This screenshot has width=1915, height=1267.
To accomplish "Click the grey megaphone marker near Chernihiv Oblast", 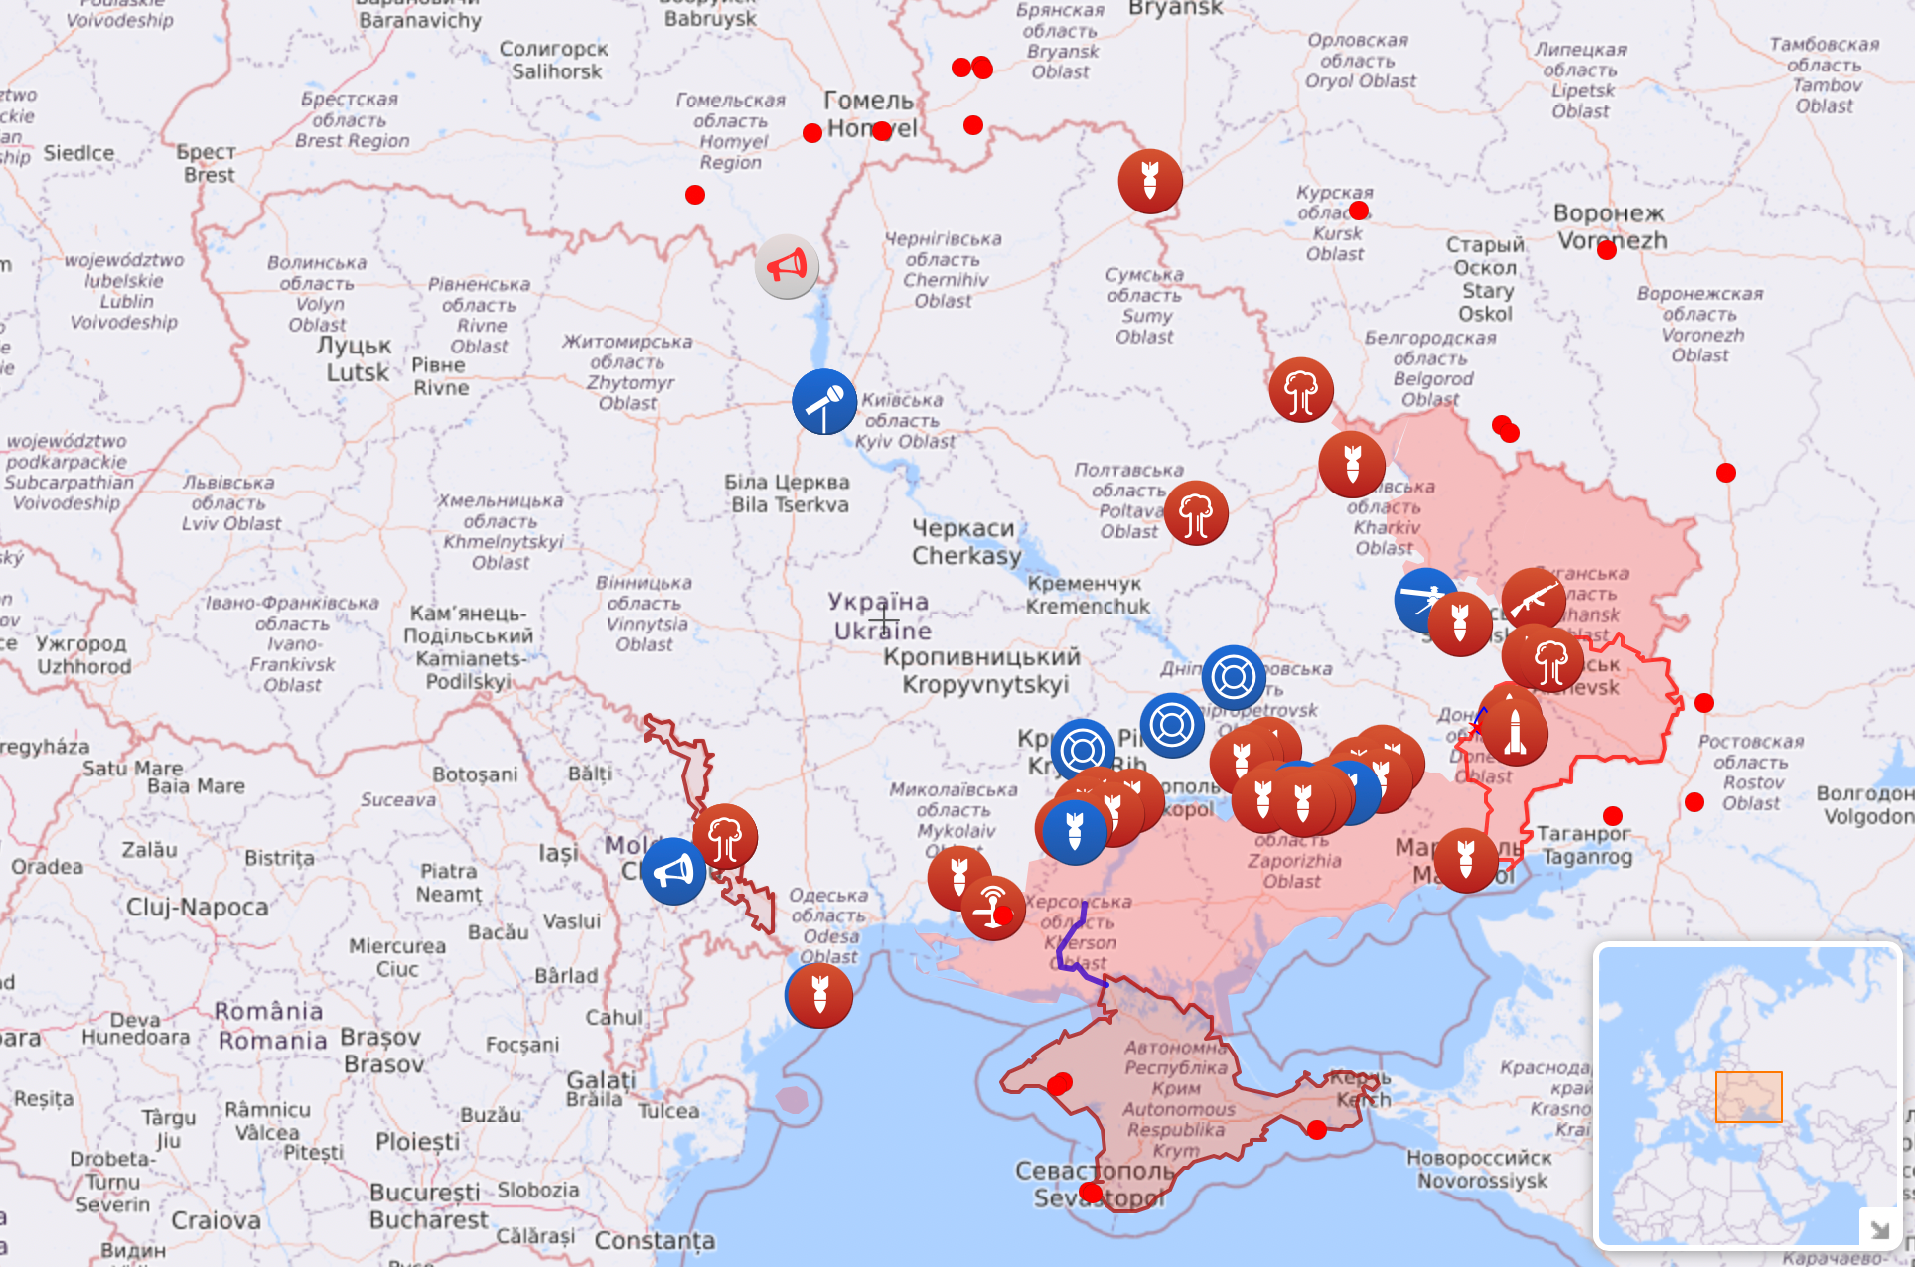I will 787,266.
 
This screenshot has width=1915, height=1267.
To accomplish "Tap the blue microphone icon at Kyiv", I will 824,401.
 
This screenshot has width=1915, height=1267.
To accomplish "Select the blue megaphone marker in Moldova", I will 673,872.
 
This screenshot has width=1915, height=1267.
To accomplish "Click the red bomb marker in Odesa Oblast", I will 819,995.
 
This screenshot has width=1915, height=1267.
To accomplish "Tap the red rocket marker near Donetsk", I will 1514,731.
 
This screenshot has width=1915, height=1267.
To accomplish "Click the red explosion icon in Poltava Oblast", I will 1196,513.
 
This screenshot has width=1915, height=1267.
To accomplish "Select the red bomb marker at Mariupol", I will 1466,860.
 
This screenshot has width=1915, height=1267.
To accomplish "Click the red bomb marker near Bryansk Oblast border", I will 1150,181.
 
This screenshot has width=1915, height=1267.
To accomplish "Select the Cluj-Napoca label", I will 197,907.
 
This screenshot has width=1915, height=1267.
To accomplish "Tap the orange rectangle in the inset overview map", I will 1748,1096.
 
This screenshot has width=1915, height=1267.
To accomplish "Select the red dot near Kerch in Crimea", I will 1317,1130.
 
